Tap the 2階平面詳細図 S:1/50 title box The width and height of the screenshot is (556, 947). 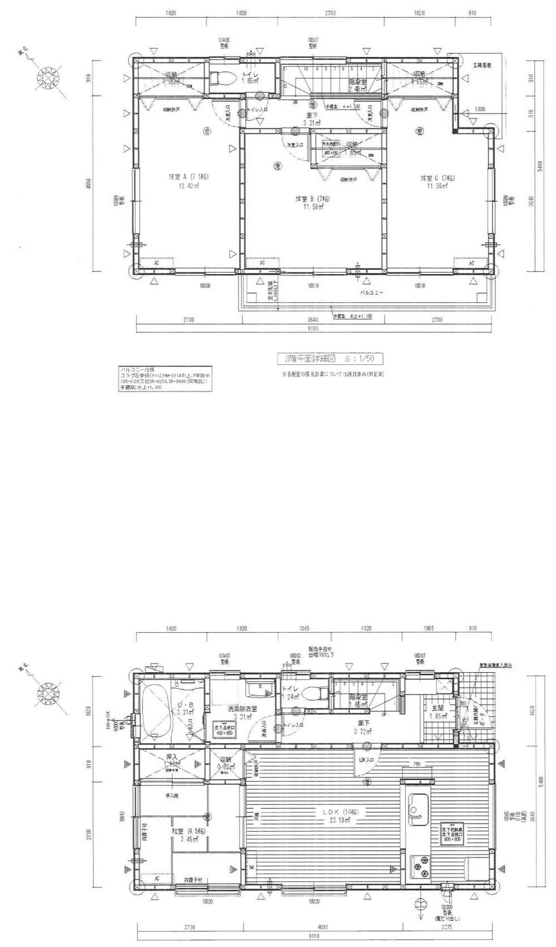pos(330,359)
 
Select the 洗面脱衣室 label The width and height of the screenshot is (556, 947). pos(242,709)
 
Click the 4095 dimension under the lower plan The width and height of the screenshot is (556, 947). pos(322,925)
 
